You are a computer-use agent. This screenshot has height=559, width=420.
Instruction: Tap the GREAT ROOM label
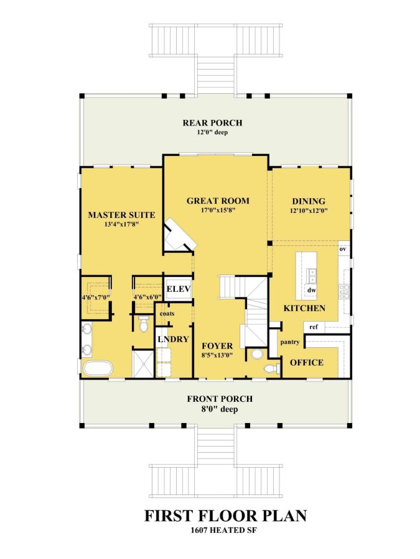point(218,201)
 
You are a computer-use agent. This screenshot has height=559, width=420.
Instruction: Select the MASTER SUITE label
point(121,215)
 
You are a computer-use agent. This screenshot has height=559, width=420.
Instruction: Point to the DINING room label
point(309,201)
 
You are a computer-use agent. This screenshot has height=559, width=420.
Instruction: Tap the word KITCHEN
point(304,308)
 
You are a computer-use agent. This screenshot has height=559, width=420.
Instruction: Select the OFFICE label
point(307,362)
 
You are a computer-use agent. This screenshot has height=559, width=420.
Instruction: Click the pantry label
point(290,342)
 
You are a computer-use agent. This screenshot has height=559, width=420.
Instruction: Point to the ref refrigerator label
point(314,326)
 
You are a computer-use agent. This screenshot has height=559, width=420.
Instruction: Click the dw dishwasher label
point(312,290)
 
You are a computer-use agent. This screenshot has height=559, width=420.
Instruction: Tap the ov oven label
point(342,249)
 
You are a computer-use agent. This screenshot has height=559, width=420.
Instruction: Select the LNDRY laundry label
point(172,340)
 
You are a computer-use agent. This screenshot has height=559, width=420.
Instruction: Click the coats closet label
point(166,314)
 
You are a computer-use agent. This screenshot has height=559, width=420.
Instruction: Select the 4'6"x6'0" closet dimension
point(147,298)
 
